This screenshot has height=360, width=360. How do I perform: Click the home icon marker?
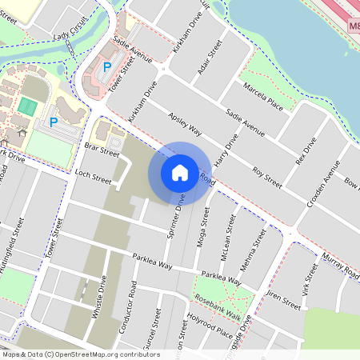pyautogui.click(x=180, y=172)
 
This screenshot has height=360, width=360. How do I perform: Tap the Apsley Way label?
pyautogui.click(x=185, y=125)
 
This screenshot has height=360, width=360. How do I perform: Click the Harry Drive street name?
pyautogui.click(x=230, y=149)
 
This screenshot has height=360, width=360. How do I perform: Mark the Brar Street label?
pyautogui.click(x=102, y=149)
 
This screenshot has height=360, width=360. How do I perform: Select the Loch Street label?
pyautogui.click(x=92, y=176)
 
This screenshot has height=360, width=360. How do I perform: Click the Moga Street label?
pyautogui.click(x=201, y=226)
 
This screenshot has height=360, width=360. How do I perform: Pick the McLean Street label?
pyautogui.click(x=230, y=240)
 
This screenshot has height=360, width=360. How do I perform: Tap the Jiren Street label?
pyautogui.click(x=283, y=301)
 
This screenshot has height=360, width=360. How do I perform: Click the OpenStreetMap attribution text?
pyautogui.click(x=80, y=354)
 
